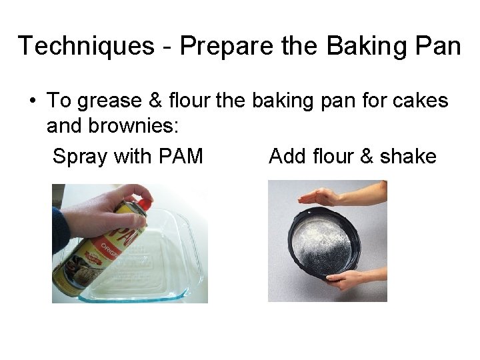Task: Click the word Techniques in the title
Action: coord(85,46)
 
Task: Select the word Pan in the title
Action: coord(437,46)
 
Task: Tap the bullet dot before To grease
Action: coord(31,101)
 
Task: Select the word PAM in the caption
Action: coord(181,157)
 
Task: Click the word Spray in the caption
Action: coord(81,157)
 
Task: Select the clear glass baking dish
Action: coord(167,267)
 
